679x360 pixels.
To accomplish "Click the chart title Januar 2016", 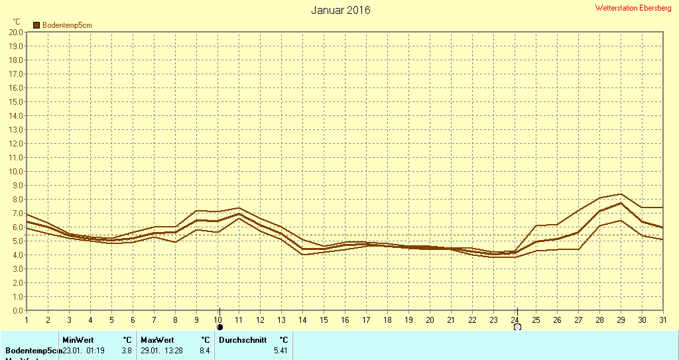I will [x=341, y=10].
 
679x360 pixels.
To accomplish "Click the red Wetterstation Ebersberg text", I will [x=633, y=8].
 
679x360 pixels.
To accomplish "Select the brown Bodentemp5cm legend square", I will [x=36, y=25].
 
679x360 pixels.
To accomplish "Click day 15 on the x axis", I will [x=324, y=320].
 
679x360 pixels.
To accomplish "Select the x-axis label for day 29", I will [x=621, y=320].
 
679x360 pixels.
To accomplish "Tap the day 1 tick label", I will [x=27, y=320].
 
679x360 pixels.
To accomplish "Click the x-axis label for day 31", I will [x=663, y=320].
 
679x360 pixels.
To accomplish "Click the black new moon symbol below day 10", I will [x=219, y=327].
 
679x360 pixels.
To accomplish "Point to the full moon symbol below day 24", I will [x=517, y=327].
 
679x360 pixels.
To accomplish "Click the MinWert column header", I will [x=78, y=340].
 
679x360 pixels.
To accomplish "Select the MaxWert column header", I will [x=157, y=340].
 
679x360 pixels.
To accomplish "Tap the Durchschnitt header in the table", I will [x=243, y=340].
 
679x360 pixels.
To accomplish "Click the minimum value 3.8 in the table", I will [x=127, y=350].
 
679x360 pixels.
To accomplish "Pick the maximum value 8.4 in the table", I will [x=204, y=350].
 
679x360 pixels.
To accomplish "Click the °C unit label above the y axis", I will [x=17, y=22].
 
